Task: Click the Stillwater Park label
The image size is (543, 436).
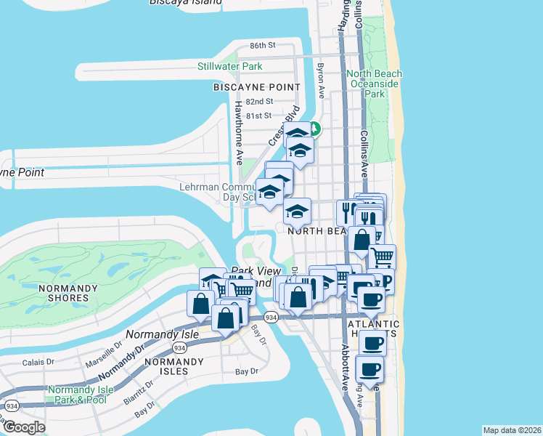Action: [x=229, y=66]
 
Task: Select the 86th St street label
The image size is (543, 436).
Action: [x=262, y=45]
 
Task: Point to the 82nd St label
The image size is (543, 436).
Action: [x=259, y=102]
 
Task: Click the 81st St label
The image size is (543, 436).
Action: [x=258, y=116]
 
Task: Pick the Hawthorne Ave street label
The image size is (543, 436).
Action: [x=237, y=131]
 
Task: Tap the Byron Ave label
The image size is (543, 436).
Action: [x=320, y=80]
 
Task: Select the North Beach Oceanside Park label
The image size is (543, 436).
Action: [x=375, y=84]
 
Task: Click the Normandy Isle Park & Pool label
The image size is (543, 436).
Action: [x=77, y=395]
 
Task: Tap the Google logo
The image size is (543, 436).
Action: [x=24, y=427]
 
